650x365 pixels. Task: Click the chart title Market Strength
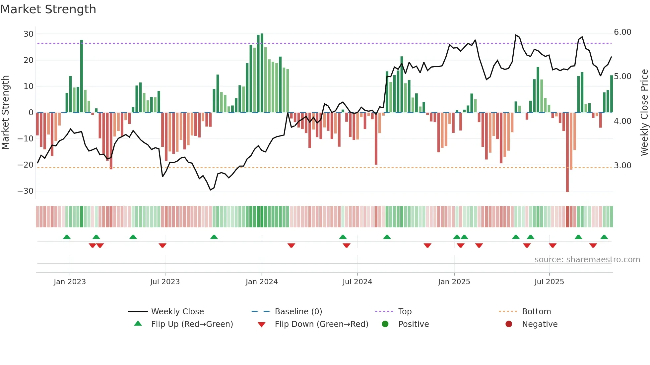48,9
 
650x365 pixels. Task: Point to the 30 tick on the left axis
29,34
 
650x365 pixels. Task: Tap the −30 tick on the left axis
26,191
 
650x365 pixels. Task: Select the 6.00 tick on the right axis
622,32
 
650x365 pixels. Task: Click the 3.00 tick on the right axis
622,166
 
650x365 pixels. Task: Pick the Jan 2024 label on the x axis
262,282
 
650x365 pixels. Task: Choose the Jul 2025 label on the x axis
549,282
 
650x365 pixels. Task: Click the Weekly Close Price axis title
644,113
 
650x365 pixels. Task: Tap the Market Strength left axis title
5,113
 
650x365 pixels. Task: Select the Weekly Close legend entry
177,312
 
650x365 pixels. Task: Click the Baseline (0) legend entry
298,312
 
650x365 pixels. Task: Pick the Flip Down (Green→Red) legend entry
321,324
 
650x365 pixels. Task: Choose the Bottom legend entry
536,312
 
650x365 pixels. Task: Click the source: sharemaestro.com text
587,260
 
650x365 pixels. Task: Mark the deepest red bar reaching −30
567,152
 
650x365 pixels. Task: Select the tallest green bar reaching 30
262,73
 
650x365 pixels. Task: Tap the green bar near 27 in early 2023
82,76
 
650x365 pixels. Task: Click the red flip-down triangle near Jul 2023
162,245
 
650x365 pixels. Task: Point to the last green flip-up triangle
604,237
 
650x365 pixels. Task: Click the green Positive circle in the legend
385,324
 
